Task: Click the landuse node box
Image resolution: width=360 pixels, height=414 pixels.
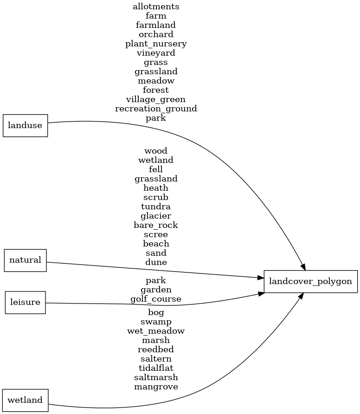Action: click(x=25, y=125)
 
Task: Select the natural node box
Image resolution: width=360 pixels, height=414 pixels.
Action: click(x=25, y=260)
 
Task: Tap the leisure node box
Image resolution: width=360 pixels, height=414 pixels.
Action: click(x=25, y=303)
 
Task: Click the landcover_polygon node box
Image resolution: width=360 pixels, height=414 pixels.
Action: click(x=310, y=281)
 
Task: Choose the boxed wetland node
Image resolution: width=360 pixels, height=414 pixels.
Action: click(x=25, y=400)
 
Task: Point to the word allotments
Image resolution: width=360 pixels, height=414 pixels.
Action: click(x=156, y=6)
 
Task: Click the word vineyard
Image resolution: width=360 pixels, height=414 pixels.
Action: click(x=156, y=53)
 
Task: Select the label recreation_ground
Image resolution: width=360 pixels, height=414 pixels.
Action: click(x=156, y=109)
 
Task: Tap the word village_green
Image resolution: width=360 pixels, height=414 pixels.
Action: click(x=156, y=99)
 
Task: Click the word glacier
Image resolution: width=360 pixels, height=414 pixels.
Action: click(x=156, y=216)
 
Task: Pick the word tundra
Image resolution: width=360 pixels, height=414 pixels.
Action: click(x=156, y=207)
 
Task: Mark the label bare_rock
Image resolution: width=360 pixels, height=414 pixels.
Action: click(x=156, y=225)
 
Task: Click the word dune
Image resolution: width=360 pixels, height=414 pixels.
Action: click(x=156, y=262)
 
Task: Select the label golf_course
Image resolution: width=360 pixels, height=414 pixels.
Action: click(x=156, y=299)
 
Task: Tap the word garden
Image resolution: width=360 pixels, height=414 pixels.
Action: click(x=156, y=290)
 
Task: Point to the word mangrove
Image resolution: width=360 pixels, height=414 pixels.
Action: click(x=156, y=387)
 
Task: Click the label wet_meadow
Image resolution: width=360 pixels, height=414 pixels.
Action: click(x=156, y=331)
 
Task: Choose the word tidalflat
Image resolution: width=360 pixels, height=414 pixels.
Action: click(x=156, y=368)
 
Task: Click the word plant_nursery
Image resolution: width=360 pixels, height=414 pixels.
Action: click(x=156, y=44)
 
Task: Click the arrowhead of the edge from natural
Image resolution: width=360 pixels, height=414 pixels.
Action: click(x=260, y=278)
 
